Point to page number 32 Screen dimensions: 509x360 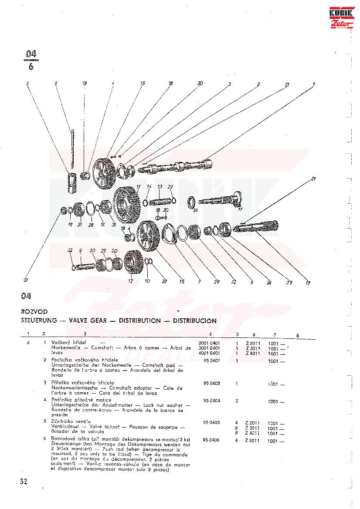pos(24,481)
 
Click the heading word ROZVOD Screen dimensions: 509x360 pos(34,312)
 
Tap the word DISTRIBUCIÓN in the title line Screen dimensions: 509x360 pos(194,320)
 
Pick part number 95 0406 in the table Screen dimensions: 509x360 pos(212,441)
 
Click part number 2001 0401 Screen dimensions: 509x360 pos(209,343)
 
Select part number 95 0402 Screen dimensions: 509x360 pos(212,384)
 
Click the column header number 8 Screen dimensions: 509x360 pos(297,335)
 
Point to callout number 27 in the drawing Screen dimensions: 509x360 pos(26,280)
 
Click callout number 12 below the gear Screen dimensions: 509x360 pos(131,282)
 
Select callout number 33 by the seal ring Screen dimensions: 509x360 pos(195,210)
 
